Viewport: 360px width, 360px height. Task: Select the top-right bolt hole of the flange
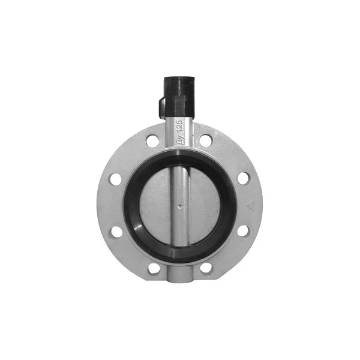(x=206, y=141)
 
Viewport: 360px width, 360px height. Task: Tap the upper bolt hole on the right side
(x=243, y=178)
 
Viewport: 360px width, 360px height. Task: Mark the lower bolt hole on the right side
(x=243, y=231)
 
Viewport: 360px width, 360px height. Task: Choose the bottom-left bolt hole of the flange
(x=154, y=268)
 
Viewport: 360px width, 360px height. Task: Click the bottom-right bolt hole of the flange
(x=206, y=268)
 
